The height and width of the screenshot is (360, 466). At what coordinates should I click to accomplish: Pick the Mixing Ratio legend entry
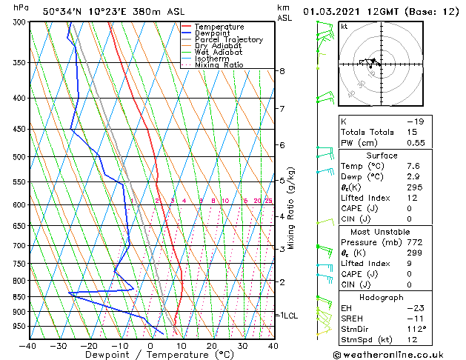[219, 65]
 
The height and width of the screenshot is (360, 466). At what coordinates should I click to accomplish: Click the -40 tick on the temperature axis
[29, 345]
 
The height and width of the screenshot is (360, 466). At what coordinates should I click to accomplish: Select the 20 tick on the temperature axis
[212, 345]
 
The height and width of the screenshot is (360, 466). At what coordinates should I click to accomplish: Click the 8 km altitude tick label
[282, 71]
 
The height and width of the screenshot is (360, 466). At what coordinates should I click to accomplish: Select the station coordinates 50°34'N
[61, 11]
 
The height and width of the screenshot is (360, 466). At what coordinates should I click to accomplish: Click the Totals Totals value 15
[413, 132]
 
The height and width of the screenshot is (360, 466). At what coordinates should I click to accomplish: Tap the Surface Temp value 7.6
[413, 167]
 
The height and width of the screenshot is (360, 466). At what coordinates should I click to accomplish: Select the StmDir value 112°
[416, 328]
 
